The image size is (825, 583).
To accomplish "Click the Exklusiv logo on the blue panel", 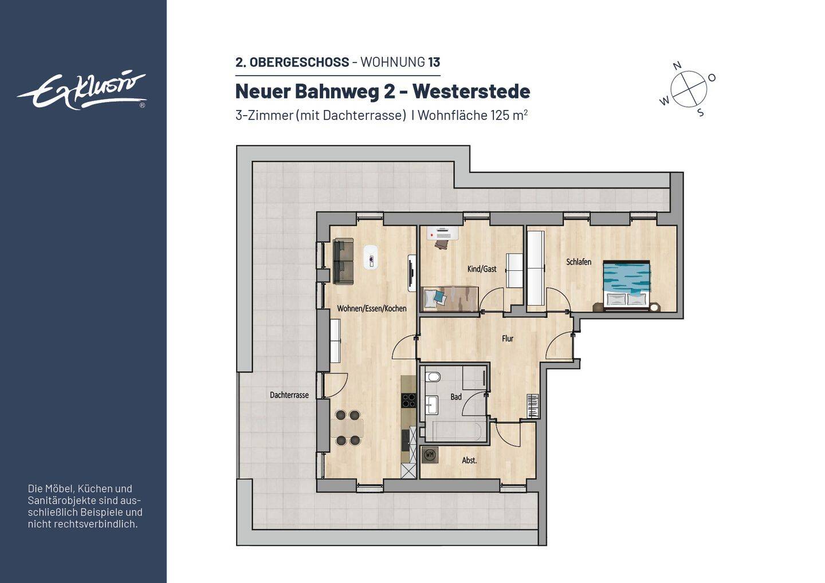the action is tap(82, 92).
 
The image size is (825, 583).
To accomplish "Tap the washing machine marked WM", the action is tap(430, 455).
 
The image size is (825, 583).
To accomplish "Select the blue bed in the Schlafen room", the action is tap(626, 283).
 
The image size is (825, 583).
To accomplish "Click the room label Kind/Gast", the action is tap(482, 269).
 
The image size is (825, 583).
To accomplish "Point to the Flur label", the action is tap(508, 338).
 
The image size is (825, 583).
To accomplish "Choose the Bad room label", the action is tap(456, 397).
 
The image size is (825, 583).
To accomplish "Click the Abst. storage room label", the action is tap(469, 460).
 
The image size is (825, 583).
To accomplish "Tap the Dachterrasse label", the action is tap(289, 395).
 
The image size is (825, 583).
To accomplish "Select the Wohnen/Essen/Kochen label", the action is tap(372, 309).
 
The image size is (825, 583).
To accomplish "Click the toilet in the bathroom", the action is tap(433, 377).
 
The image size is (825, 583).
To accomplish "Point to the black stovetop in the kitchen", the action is tap(408, 400).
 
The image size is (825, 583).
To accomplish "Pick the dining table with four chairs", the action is tap(347, 428).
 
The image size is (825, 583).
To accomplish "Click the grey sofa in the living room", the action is tap(343, 261).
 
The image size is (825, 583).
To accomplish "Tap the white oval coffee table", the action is tap(371, 257).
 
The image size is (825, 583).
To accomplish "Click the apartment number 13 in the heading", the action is tap(434, 62).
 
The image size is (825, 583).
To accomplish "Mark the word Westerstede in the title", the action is tap(472, 91).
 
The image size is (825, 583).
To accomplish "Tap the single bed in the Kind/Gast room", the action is tap(450, 298).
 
